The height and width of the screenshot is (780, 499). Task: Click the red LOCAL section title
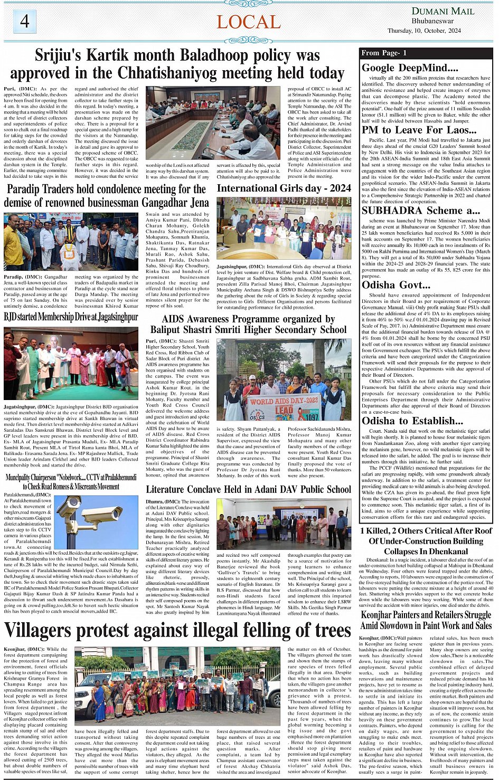pyautogui.click(x=248, y=22)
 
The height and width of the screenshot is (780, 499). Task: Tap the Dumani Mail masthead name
pyautogui.click(x=442, y=11)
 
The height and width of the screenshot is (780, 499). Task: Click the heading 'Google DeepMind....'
pyautogui.click(x=410, y=68)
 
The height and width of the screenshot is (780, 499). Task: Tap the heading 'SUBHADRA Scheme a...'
pyautogui.click(x=421, y=211)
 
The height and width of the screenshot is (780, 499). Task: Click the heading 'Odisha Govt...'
pyautogui.click(x=396, y=285)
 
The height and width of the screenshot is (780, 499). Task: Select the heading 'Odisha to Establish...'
pyautogui.click(x=412, y=421)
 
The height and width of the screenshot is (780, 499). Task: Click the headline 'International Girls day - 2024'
pyautogui.click(x=284, y=188)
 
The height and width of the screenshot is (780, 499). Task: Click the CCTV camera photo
pyautogui.click(x=96, y=521)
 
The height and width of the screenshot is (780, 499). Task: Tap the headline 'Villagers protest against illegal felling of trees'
pyautogui.click(x=177, y=631)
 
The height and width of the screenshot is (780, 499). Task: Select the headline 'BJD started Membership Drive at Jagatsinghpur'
pyautogui.click(x=71, y=317)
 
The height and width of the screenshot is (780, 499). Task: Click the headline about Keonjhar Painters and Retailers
pyautogui.click(x=426, y=620)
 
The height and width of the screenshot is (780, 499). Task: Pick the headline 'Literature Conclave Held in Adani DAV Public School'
pyautogui.click(x=248, y=489)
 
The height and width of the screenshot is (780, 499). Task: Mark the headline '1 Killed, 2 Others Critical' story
pyautogui.click(x=426, y=541)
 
